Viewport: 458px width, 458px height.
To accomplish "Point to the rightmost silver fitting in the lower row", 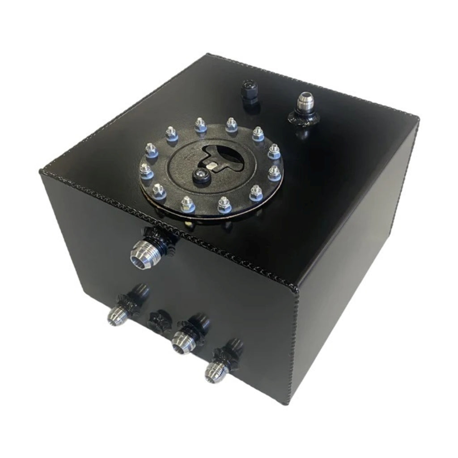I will tap(216, 370).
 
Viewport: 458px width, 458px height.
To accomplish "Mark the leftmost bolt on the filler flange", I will tap(145, 170).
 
